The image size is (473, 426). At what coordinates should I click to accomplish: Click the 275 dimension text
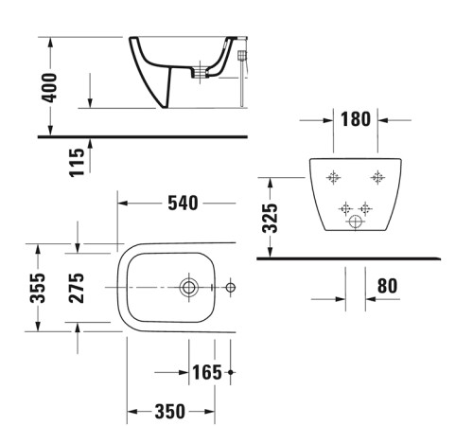click(78, 287)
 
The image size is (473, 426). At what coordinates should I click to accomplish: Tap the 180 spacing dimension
click(354, 120)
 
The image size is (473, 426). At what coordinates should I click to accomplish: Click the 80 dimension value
click(386, 284)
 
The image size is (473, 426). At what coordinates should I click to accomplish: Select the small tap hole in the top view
click(230, 287)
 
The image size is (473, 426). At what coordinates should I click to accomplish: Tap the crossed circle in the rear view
click(356, 222)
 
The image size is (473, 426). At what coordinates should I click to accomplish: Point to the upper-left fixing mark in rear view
click(332, 177)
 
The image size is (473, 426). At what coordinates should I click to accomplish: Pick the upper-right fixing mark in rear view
click(377, 177)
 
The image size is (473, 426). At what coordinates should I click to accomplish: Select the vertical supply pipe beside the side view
click(244, 80)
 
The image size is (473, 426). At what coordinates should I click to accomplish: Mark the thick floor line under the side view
click(142, 136)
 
